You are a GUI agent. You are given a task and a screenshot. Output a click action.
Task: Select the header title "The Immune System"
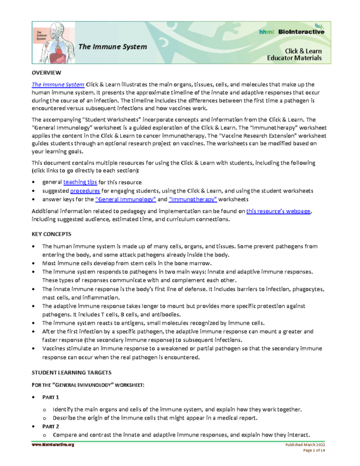[113, 46]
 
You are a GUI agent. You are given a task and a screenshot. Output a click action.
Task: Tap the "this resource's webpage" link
[278, 211]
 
